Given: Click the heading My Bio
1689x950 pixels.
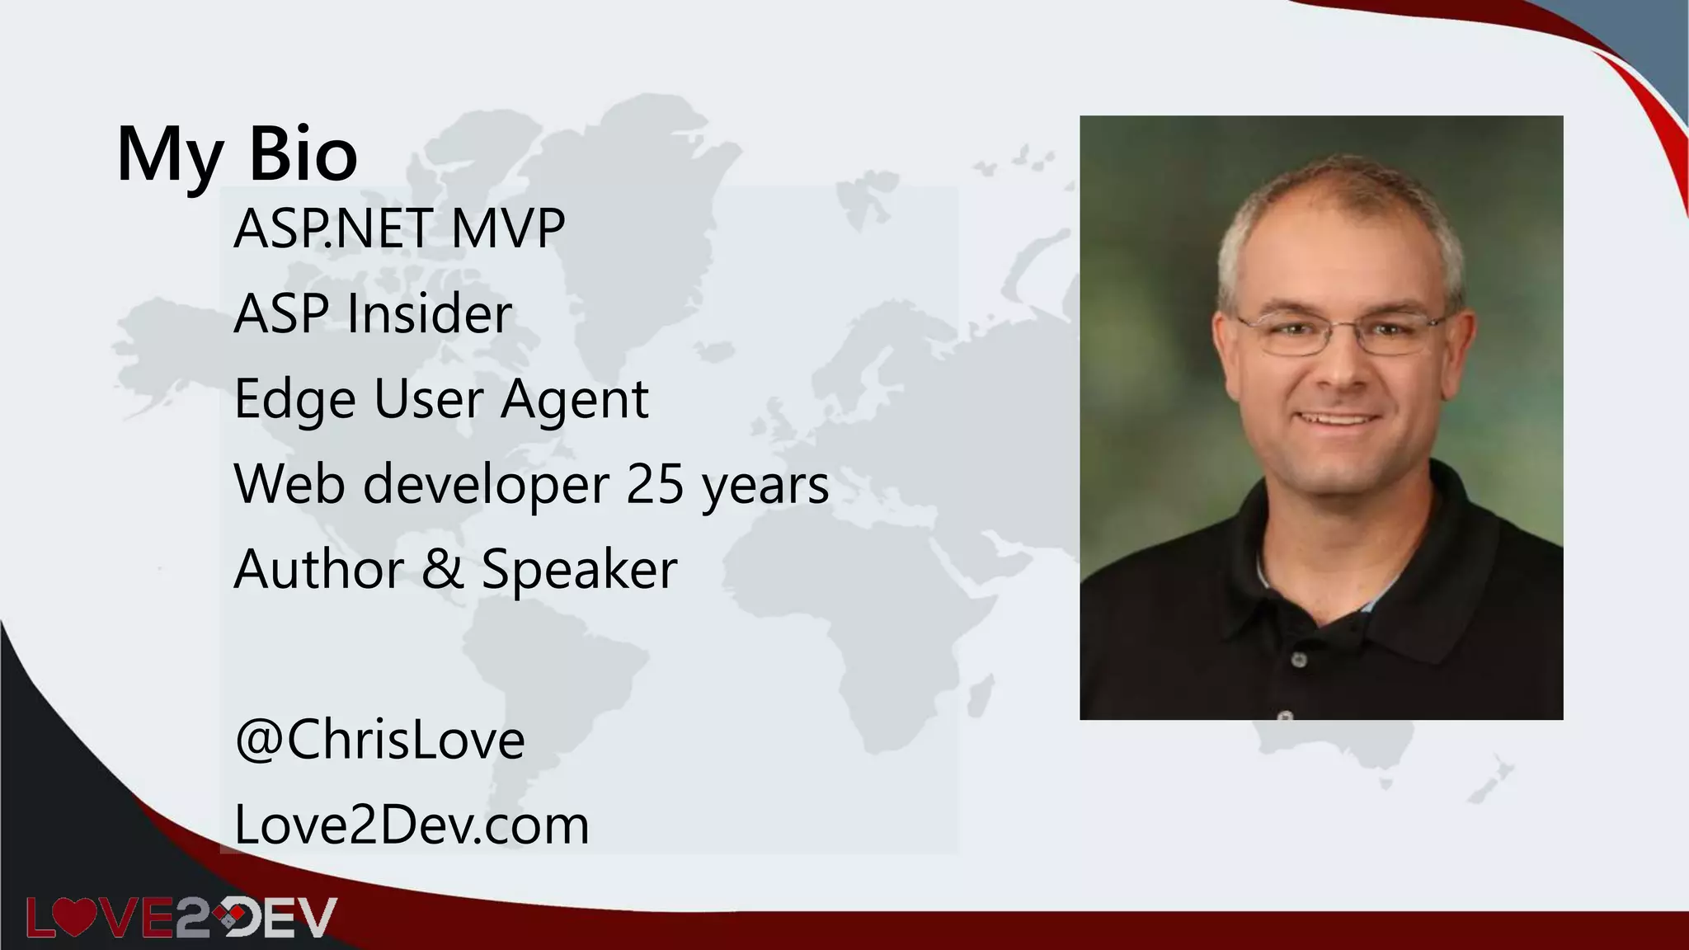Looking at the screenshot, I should click(x=238, y=154).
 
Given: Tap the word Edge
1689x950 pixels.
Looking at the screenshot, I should click(x=295, y=400).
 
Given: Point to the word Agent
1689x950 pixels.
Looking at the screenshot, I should click(x=575, y=400).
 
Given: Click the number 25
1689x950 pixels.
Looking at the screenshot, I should click(x=655, y=484).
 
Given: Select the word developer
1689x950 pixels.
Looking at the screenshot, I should click(x=486, y=486).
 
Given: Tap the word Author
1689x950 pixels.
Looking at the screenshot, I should click(x=319, y=569).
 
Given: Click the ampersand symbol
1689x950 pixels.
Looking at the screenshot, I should click(x=443, y=569).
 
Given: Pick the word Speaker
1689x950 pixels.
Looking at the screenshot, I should click(x=579, y=569).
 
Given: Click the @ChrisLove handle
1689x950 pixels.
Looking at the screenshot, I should click(x=379, y=740).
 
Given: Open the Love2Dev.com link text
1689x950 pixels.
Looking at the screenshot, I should click(x=412, y=825).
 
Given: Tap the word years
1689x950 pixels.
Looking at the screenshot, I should click(x=765, y=486).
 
